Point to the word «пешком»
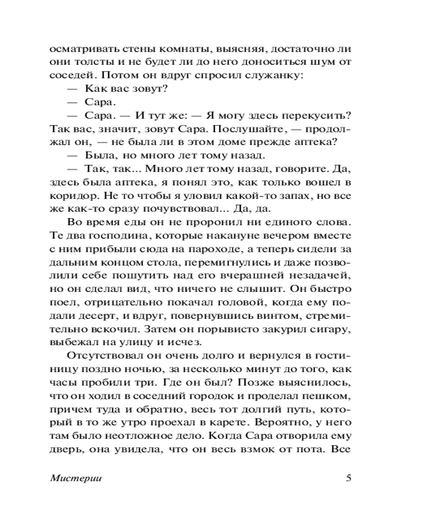[328, 394]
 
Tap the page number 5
[348, 478]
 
